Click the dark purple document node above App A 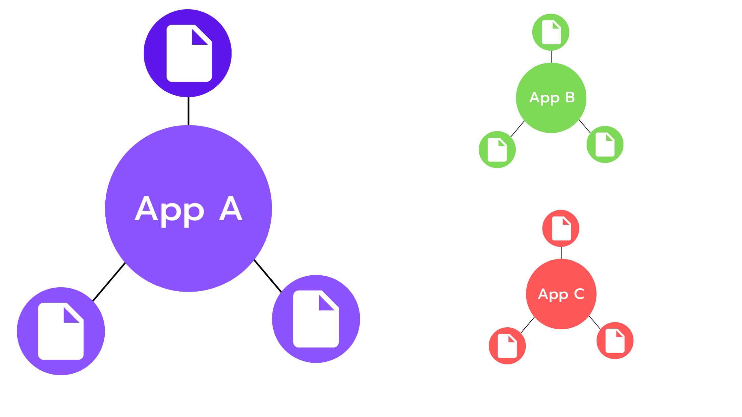coord(187,53)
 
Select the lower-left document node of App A coord(61,331)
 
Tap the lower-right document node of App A coord(316,319)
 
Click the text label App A coord(188,209)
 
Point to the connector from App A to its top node coord(188,111)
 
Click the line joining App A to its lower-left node coord(109,282)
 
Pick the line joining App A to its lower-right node coord(268,276)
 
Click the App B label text coord(552,98)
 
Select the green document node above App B coord(551,32)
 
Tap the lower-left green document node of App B coord(497,150)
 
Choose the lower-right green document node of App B coord(605,144)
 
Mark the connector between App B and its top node coord(551,57)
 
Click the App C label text coord(561,294)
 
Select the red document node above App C coord(561,228)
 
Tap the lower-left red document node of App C coord(507,346)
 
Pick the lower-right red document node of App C coord(615,341)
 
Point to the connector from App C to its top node coord(561,253)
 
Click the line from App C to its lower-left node coord(528,325)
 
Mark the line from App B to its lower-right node coord(585,126)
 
